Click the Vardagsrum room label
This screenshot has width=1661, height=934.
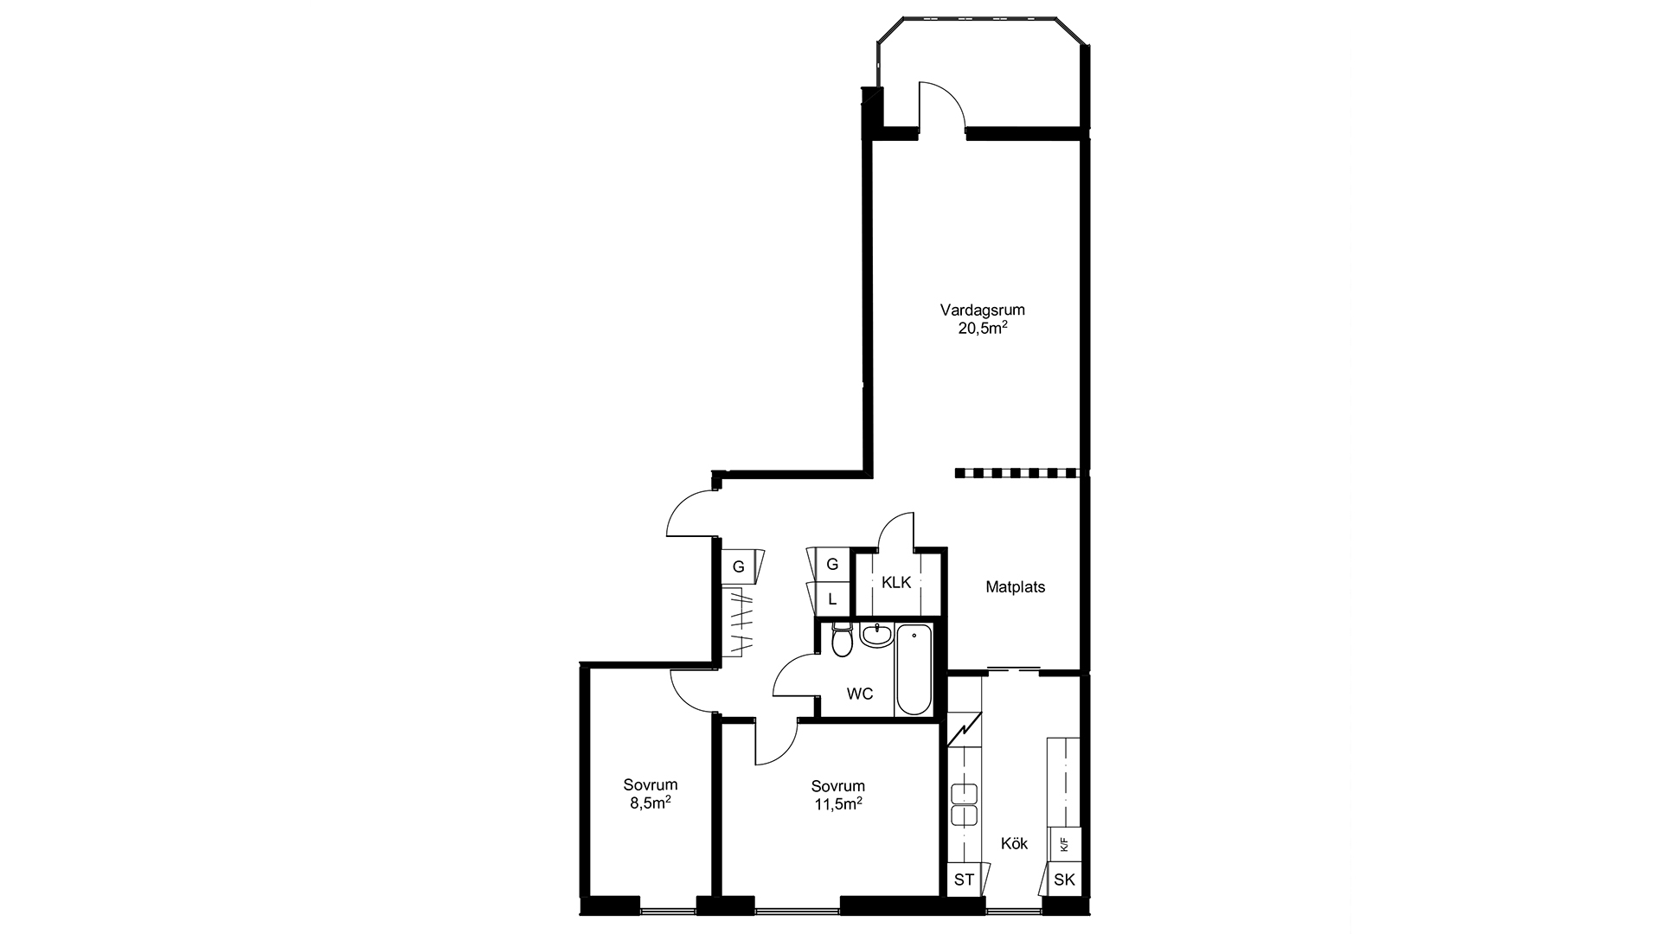click(x=982, y=310)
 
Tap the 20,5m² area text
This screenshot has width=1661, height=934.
click(x=982, y=328)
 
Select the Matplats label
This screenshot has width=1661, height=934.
click(x=1016, y=587)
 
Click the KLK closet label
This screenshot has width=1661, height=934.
click(x=896, y=583)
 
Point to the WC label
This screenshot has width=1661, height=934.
click(x=860, y=694)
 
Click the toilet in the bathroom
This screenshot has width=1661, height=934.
click(x=840, y=639)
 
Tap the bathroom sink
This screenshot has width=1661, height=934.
click(x=875, y=635)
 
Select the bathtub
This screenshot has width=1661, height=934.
click(x=914, y=670)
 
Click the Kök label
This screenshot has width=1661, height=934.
click(x=1014, y=843)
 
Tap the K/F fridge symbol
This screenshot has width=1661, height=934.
click(x=1064, y=844)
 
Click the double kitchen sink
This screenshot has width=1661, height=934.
click(x=965, y=803)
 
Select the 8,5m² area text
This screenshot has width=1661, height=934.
click(x=651, y=803)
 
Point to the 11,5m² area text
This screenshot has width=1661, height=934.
click(x=837, y=803)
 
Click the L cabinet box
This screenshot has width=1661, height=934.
click(x=832, y=598)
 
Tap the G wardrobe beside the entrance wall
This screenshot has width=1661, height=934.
click(x=739, y=566)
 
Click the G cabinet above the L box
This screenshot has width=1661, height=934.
click(x=832, y=565)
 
